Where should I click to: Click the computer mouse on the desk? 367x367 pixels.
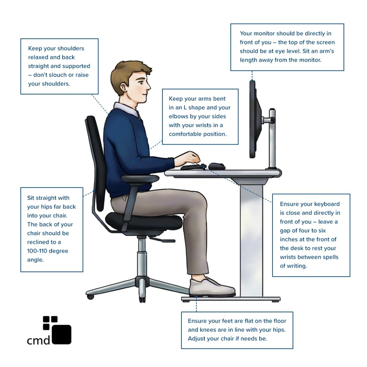click(x=216, y=166)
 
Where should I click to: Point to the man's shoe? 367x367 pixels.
click(x=211, y=287)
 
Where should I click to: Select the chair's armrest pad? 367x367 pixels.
click(x=140, y=178)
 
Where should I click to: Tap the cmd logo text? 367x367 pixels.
click(x=38, y=340)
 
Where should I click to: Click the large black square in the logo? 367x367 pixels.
click(x=61, y=334)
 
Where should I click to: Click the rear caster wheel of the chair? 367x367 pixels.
click(x=90, y=296)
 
